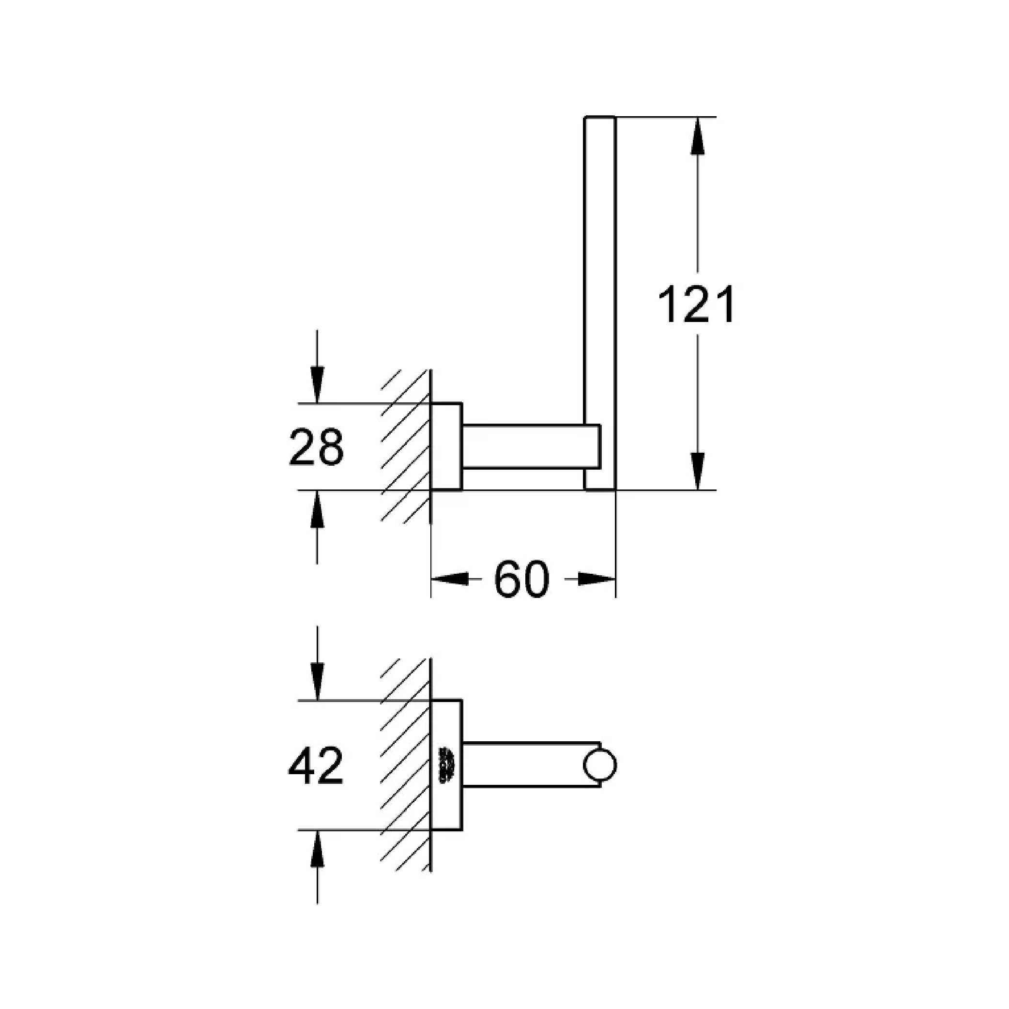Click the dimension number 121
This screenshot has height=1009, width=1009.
coord(696,305)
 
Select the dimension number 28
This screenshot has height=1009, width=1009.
coord(316,446)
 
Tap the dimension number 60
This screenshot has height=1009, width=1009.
coord(522,580)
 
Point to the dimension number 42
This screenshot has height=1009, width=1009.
coord(316,766)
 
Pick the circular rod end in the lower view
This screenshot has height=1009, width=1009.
coord(599,765)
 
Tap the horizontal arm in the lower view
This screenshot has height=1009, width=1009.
coord(522,765)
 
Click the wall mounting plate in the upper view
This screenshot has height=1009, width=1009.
coord(446,447)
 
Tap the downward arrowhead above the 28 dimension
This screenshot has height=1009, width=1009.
coord(317,384)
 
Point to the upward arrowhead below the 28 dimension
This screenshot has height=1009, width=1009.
coord(317,509)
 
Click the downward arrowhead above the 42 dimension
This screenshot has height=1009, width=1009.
coord(317,681)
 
